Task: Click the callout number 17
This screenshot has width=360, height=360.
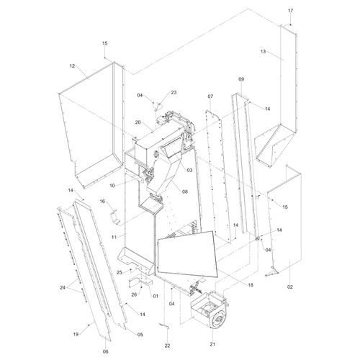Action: (x=290, y=11)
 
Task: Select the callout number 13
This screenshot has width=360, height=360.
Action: (x=263, y=51)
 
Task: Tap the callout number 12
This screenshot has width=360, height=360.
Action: (x=72, y=66)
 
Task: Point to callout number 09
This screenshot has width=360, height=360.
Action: (x=241, y=79)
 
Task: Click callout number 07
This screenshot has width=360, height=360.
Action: (x=210, y=96)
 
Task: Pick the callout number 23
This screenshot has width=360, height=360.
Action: (x=174, y=92)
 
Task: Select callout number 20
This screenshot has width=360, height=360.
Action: (x=138, y=122)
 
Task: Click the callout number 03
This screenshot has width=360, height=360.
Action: (x=189, y=170)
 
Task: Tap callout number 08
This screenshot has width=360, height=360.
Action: (x=185, y=192)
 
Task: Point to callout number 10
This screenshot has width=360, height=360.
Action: (x=112, y=186)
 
